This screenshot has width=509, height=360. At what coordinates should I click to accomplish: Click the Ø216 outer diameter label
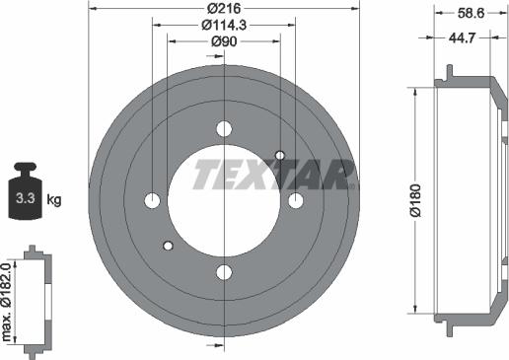[x=224, y=8]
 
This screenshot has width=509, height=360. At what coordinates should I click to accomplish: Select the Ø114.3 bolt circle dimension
[x=224, y=25]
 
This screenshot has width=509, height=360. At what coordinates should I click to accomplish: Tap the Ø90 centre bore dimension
[x=224, y=41]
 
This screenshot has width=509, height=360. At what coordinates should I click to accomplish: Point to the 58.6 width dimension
[x=471, y=13]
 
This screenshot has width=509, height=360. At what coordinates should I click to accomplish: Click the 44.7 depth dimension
[x=462, y=38]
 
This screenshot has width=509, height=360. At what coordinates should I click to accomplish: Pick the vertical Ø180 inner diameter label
[x=415, y=200]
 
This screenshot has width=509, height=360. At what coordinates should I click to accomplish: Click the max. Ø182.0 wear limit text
[x=6, y=302]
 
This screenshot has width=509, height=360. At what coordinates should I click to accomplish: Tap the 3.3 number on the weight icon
[x=26, y=198]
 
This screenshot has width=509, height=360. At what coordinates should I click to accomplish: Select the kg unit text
[x=54, y=199]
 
